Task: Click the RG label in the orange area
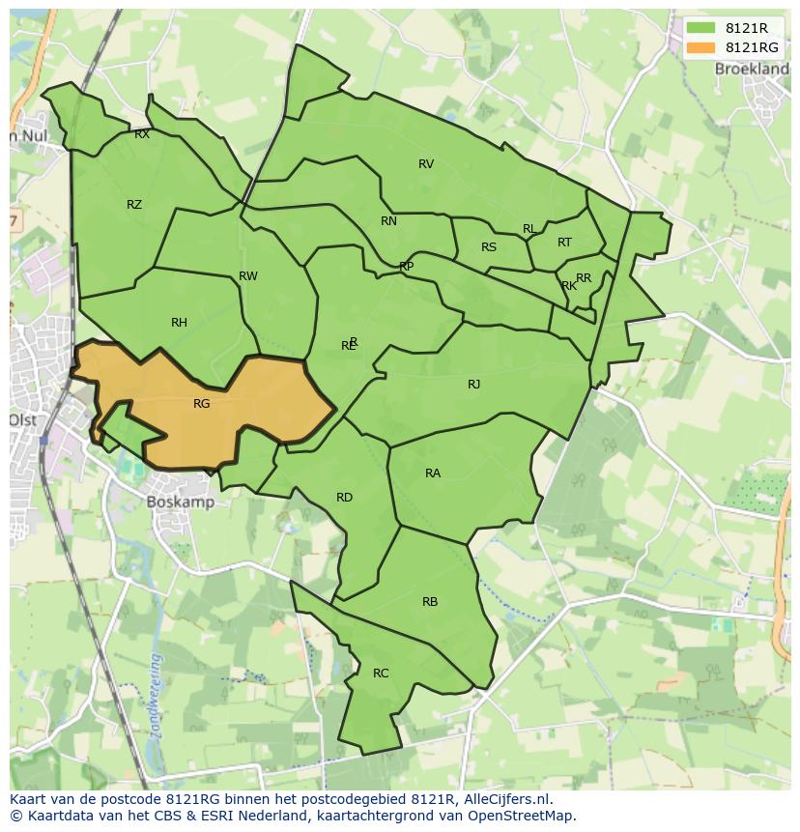[201, 404]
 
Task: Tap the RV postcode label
[426, 164]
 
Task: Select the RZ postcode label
[134, 205]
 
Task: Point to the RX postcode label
[142, 135]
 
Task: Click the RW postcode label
[248, 276]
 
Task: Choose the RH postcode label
[179, 323]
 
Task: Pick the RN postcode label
[388, 221]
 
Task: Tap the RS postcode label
[489, 247]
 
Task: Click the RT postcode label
[564, 243]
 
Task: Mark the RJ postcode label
[473, 385]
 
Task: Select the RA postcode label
[433, 473]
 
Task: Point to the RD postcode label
[344, 498]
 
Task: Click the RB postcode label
[430, 602]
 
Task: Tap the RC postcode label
[381, 674]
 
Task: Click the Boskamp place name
[181, 502]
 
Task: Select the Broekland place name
[751, 70]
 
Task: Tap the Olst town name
[22, 420]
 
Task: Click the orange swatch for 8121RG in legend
[701, 47]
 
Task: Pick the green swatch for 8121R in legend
[701, 29]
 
